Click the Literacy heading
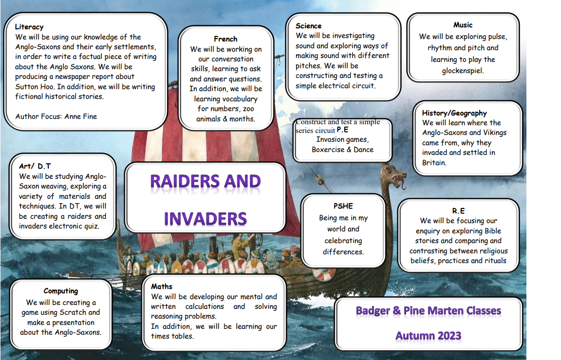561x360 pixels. pyautogui.click(x=29, y=27)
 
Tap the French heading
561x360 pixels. pyautogui.click(x=225, y=39)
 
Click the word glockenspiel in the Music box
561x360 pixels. pyautogui.click(x=463, y=71)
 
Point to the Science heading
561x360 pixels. pyautogui.click(x=308, y=26)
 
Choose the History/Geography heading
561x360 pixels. pyautogui.click(x=454, y=113)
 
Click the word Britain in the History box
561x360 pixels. pyautogui.click(x=434, y=163)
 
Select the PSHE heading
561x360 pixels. pyautogui.click(x=343, y=206)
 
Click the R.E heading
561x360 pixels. pyautogui.click(x=458, y=211)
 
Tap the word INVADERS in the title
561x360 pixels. pyautogui.click(x=206, y=219)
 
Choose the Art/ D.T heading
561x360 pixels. pyautogui.click(x=35, y=166)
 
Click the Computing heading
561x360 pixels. pyautogui.click(x=61, y=291)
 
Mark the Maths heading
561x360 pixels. pyautogui.click(x=161, y=286)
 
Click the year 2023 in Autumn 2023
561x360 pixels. pyautogui.click(x=449, y=336)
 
